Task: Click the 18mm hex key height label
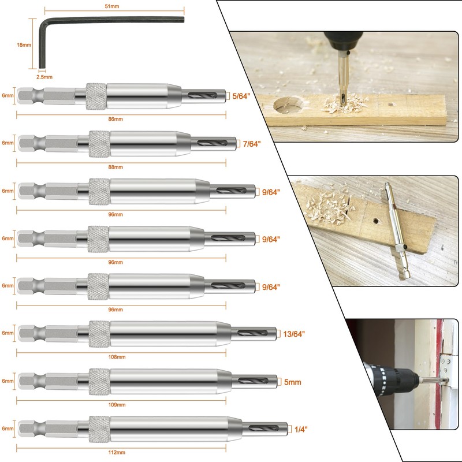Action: pos(24,44)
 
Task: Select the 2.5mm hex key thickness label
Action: pos(44,77)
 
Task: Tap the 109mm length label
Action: pos(115,405)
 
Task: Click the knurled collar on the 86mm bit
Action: pos(96,96)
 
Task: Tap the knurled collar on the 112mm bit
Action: pos(99,429)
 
